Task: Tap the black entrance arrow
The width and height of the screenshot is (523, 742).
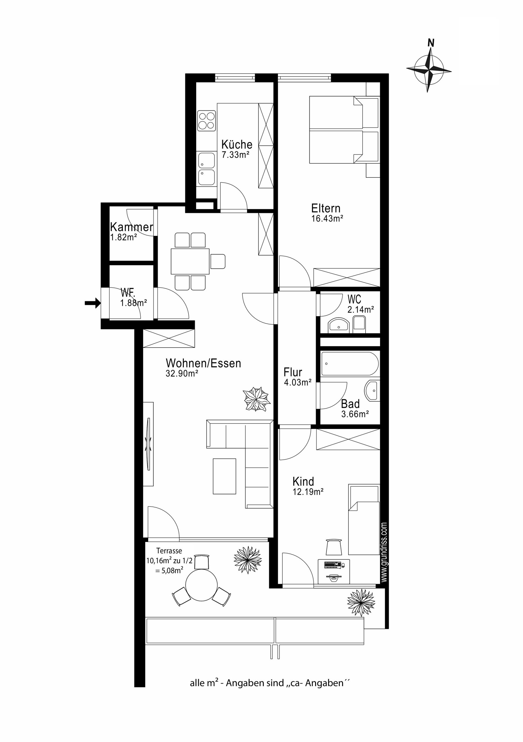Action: point(93,303)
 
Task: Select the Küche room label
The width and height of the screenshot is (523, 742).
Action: point(237,144)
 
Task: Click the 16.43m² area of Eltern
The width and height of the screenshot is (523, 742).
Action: point(327,219)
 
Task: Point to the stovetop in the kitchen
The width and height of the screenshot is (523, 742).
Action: point(206,121)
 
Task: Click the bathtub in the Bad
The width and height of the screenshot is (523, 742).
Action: point(350,363)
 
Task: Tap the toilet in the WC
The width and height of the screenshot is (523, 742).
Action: point(359,324)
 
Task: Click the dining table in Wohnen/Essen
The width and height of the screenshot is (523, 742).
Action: point(190,261)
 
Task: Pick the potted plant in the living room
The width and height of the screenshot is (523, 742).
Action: point(257,399)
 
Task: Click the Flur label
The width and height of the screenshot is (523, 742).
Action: point(293,372)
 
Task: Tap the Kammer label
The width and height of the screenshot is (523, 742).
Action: point(132,227)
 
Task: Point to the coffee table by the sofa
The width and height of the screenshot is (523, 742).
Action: point(224,476)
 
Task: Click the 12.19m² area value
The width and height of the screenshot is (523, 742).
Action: point(308,492)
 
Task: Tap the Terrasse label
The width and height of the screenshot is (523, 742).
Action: point(169,550)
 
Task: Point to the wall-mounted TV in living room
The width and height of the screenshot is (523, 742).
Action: point(149,444)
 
